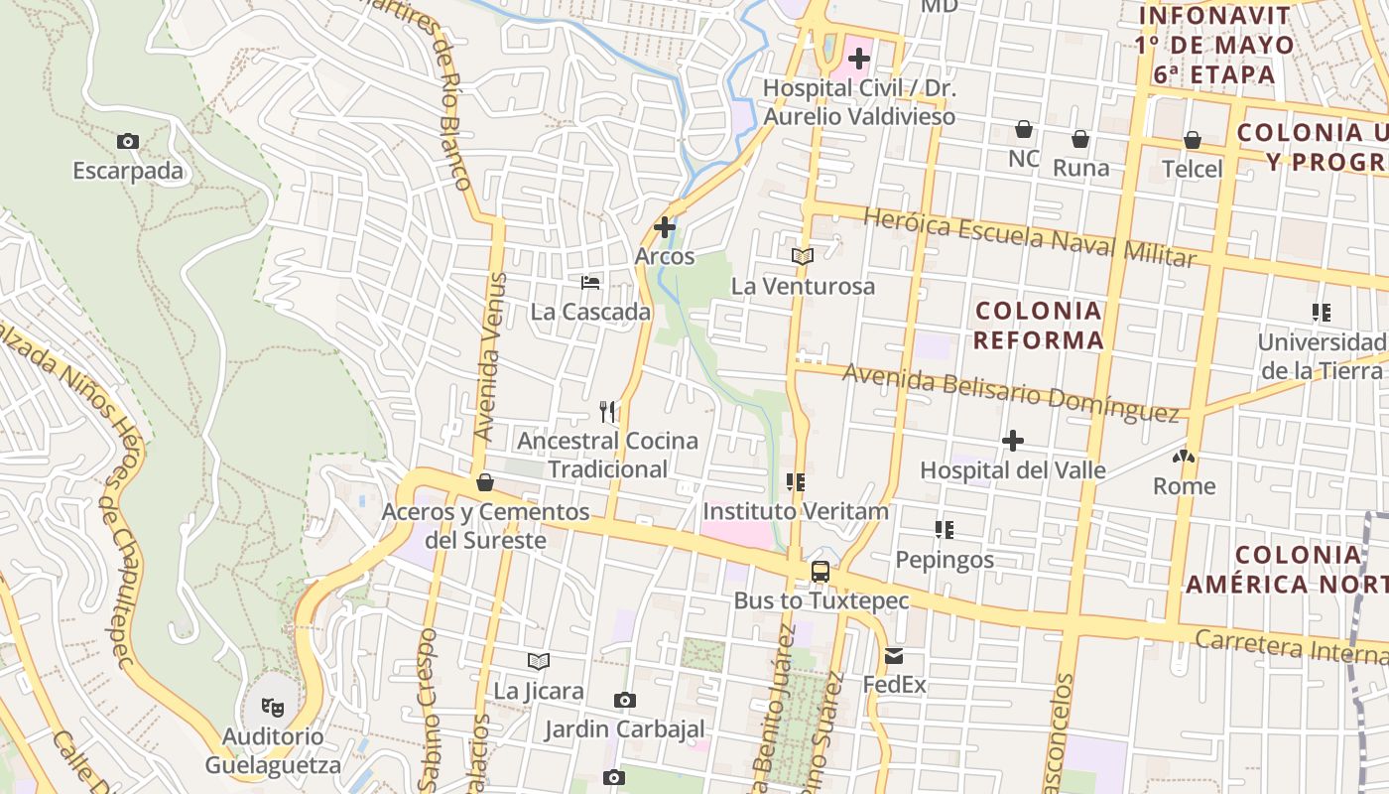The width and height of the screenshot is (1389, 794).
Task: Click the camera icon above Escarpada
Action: pos(127,142)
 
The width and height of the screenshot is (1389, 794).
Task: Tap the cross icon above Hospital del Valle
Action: pos(1013,441)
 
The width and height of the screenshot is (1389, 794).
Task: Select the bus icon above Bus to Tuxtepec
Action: pos(821,572)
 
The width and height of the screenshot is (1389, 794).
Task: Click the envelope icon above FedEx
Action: pos(894,655)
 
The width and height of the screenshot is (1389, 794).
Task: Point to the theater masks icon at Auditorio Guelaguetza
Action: pos(272,707)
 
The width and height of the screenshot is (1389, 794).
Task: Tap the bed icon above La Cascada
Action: pos(590,283)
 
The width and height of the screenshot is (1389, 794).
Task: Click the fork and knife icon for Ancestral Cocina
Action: pos(608,411)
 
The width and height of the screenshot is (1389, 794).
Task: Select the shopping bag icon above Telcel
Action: pos(1193,140)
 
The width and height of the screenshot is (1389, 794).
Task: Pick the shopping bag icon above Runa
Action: pos(1080,139)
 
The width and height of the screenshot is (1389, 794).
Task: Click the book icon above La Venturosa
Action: pos(803,257)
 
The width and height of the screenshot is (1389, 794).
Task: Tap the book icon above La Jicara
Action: pos(539,661)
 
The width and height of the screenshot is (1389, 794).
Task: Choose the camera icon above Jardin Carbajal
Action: pos(624,701)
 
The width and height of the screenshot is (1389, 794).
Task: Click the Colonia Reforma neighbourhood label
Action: pos(1038,326)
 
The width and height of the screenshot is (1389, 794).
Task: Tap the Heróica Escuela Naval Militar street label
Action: pos(1030,237)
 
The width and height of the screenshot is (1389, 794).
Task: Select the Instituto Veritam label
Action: pos(796,511)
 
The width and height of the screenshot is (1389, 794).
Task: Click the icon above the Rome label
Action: pos(1184,458)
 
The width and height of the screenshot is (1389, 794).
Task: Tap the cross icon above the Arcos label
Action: pos(665,227)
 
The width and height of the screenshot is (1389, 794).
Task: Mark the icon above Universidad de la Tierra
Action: pos(1321,314)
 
